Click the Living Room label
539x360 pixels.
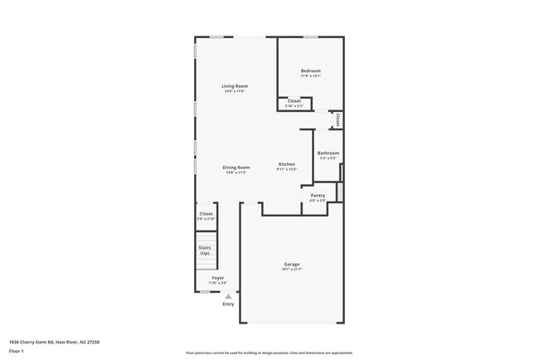click(235, 86)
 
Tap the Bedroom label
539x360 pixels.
click(311, 71)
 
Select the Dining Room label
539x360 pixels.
click(236, 168)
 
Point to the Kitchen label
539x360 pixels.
click(287, 164)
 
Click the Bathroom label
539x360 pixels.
click(328, 153)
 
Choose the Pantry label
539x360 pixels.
click(318, 196)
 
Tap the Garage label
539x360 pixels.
click(291, 265)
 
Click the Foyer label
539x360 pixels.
click(217, 278)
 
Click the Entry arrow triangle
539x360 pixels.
click(229, 295)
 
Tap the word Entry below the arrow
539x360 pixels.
click(229, 304)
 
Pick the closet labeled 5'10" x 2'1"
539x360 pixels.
click(294, 105)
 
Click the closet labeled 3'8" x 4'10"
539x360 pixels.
click(206, 217)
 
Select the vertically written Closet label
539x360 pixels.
click(337, 119)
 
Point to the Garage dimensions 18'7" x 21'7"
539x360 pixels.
click(291, 270)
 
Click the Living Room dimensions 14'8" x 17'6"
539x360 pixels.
click(235, 91)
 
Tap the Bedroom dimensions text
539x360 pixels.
click(311, 76)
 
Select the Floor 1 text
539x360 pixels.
click(17, 352)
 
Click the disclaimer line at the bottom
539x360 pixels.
click(269, 353)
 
